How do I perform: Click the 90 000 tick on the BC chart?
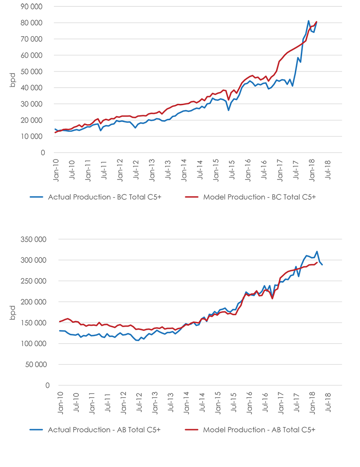point(31,6)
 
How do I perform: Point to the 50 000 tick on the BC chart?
point(31,71)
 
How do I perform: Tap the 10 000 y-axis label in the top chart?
point(31,137)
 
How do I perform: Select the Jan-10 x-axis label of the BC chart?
point(56,171)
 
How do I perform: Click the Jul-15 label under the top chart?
point(232,170)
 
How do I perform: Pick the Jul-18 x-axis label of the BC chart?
point(328,170)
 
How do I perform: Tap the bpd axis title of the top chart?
point(12,80)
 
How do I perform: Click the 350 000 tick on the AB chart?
point(33,239)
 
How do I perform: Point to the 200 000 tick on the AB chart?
point(33,302)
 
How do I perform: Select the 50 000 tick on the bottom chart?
point(36,364)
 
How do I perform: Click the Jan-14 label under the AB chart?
point(186,403)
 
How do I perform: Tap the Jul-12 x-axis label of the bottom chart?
point(139,402)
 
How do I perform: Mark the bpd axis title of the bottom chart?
point(12,313)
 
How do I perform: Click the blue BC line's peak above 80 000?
point(309,21)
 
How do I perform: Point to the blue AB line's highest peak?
point(317,251)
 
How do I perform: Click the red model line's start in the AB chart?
point(60,322)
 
